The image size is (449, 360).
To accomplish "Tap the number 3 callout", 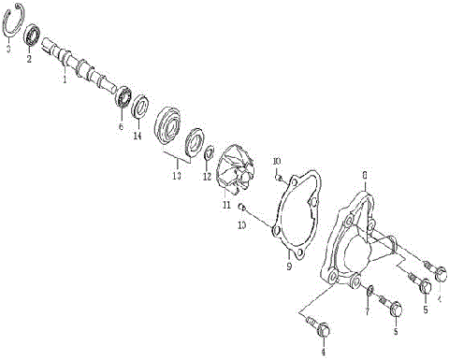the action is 7,47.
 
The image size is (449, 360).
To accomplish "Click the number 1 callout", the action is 64,81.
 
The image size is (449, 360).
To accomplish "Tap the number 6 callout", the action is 121,126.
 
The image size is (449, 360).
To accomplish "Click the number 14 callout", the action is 138,136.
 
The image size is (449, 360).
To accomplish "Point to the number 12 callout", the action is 207,176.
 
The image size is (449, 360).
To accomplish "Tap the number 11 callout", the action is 225,204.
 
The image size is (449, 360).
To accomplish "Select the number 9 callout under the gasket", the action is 289,266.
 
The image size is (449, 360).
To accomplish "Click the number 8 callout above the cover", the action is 364,173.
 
